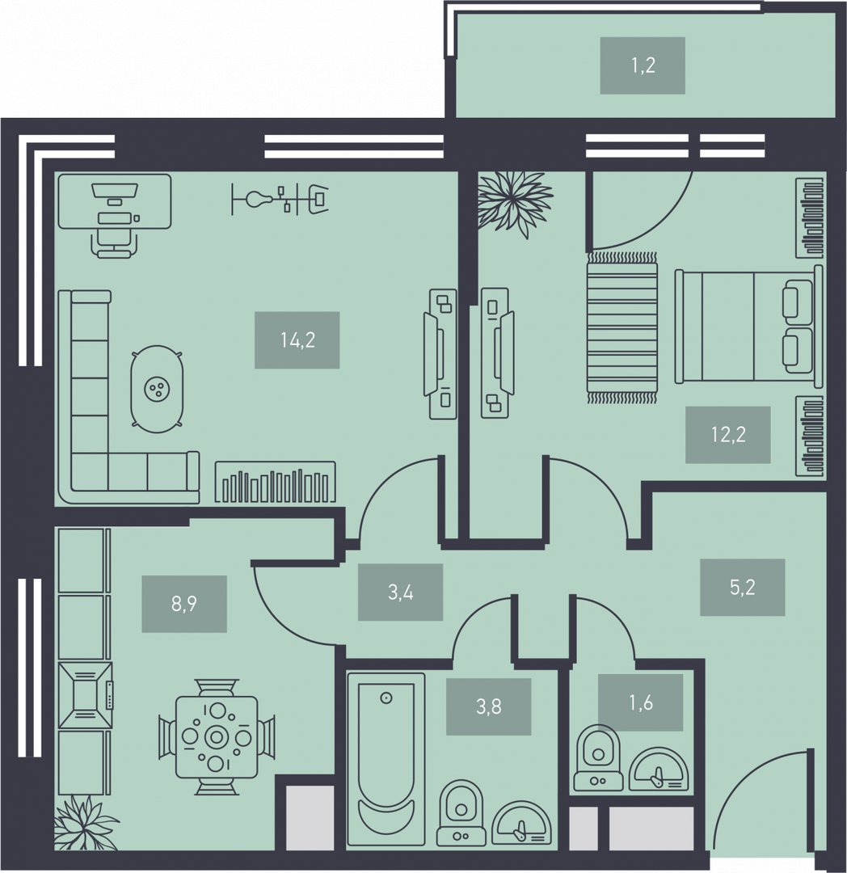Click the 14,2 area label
297,339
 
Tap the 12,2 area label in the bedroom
728,434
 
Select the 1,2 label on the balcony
643,65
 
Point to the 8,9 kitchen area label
184,604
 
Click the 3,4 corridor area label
400,592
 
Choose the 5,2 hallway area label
743,588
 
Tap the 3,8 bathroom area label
489,706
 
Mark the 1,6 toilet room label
641,702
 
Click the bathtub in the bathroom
386,759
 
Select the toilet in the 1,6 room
598,757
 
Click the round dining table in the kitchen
217,736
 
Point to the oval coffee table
158,389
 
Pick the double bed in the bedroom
748,327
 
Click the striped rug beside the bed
622,327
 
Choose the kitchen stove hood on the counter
85,695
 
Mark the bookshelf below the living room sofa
276,482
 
